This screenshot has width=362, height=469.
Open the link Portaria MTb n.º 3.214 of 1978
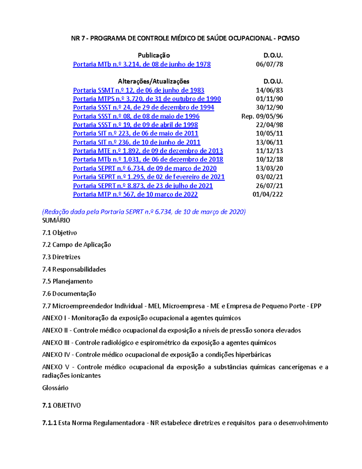[x=141, y=64]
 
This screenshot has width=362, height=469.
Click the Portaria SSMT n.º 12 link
[x=138, y=90]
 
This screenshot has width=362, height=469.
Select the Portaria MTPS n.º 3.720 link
[x=147, y=99]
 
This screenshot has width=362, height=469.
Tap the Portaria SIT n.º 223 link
[x=135, y=133]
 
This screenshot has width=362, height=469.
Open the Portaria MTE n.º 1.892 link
[x=148, y=151]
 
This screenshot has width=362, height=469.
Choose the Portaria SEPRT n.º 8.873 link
[x=143, y=186]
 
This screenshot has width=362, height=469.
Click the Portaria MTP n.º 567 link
[x=135, y=194]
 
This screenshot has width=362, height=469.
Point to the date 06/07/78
[x=269, y=64]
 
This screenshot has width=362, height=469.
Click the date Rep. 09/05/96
[x=262, y=116]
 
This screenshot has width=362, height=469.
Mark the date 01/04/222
[x=268, y=194]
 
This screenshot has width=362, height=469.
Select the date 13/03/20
[x=269, y=168]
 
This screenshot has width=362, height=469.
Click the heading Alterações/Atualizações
[x=154, y=81]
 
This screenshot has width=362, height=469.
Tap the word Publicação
[x=154, y=55]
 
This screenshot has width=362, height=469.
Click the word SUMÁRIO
[x=56, y=220]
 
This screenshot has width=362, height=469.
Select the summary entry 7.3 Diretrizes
[x=61, y=257]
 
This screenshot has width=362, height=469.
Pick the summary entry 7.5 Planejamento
[x=67, y=281]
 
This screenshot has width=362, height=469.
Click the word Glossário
[x=55, y=388]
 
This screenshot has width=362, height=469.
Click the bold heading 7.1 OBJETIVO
[x=62, y=405]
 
